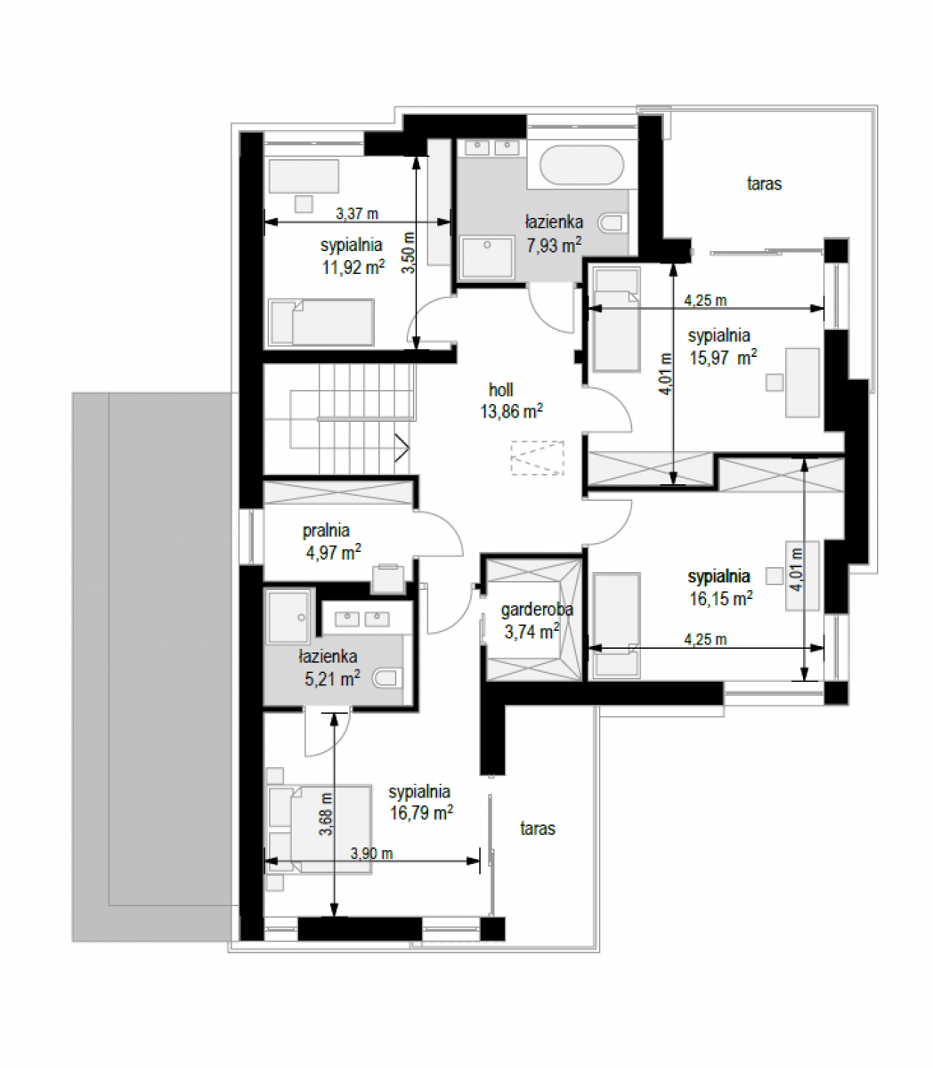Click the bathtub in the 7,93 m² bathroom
[581, 165]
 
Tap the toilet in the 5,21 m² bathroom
[387, 678]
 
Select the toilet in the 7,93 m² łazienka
[613, 222]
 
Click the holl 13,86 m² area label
[511, 400]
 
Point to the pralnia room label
[327, 530]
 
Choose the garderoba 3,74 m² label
[537, 620]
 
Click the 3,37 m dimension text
[357, 214]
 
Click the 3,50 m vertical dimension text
[409, 252]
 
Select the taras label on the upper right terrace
[764, 183]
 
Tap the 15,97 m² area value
[723, 358]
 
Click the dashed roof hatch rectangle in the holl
[537, 457]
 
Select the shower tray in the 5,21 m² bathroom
[288, 617]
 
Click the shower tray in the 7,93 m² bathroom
[487, 257]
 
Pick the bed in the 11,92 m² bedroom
[321, 322]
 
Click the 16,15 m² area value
[721, 598]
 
